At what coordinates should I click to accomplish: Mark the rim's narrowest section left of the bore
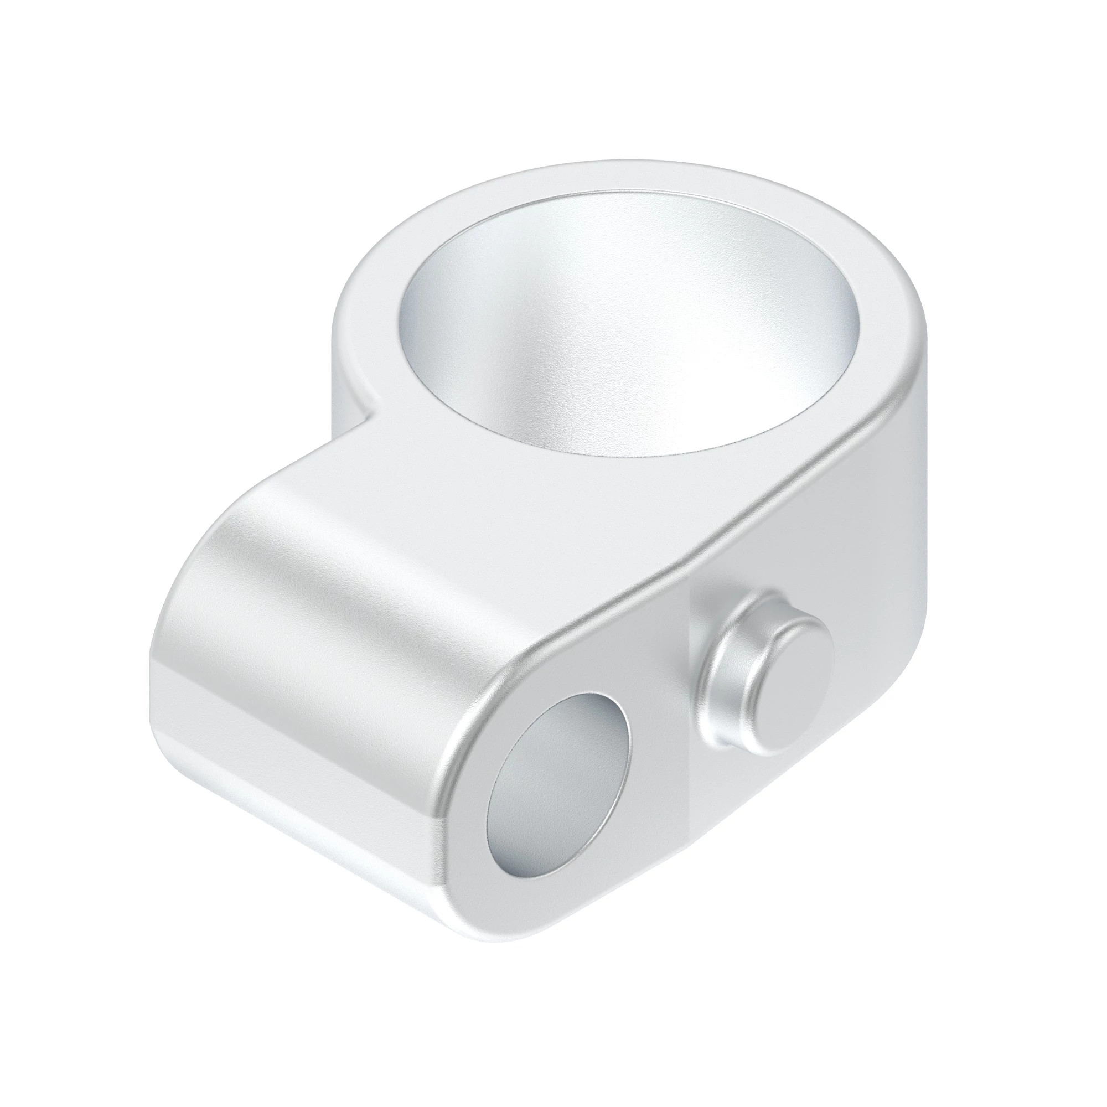point(367,321)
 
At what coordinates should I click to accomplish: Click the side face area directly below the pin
point(762,802)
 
